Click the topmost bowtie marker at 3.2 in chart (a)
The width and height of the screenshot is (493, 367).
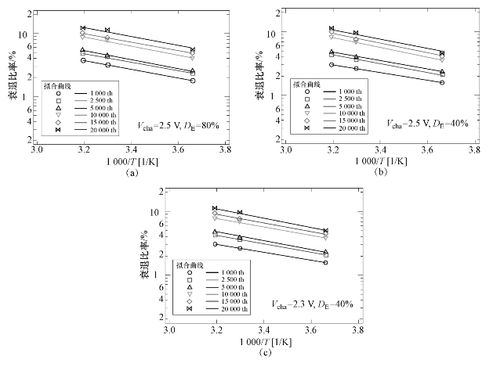[82, 28]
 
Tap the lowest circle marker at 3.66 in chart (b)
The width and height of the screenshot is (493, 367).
[442, 82]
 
